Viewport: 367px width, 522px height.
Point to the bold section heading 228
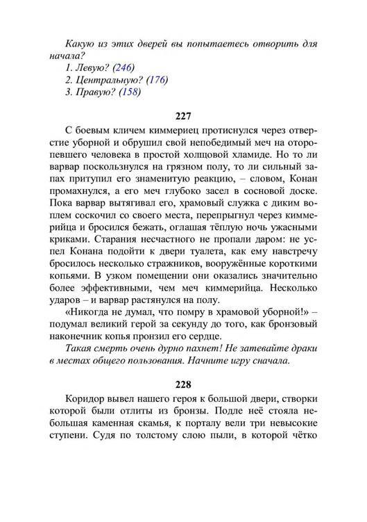182,383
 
